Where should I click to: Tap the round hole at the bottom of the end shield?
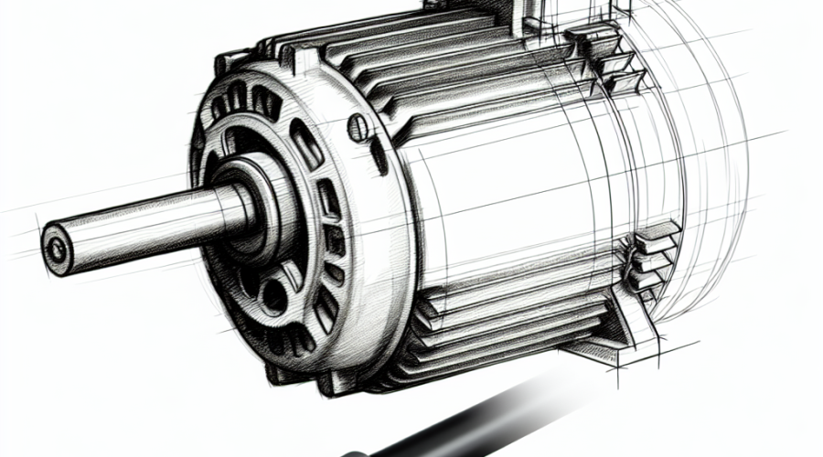(272, 295)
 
